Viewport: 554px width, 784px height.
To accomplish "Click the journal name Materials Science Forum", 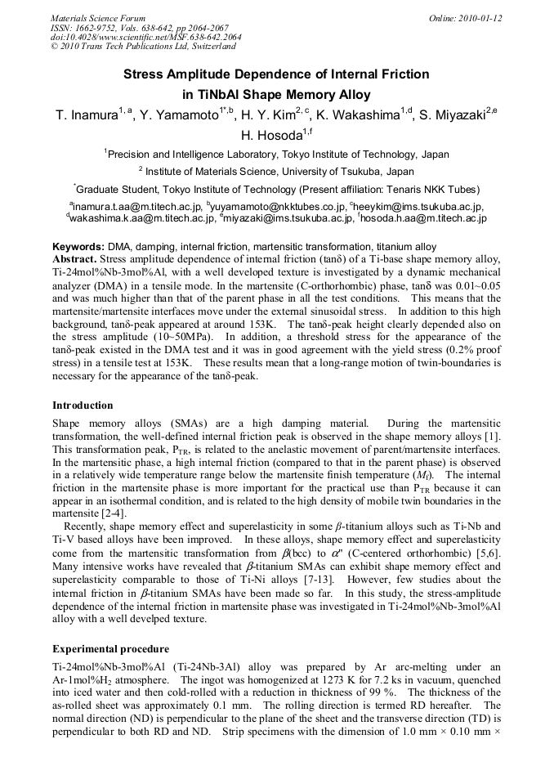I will (98, 18).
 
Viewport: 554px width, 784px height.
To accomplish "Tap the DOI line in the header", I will (145, 38).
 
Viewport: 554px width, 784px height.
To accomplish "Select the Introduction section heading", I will (83, 405).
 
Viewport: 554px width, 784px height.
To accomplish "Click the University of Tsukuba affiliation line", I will (276, 172).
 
